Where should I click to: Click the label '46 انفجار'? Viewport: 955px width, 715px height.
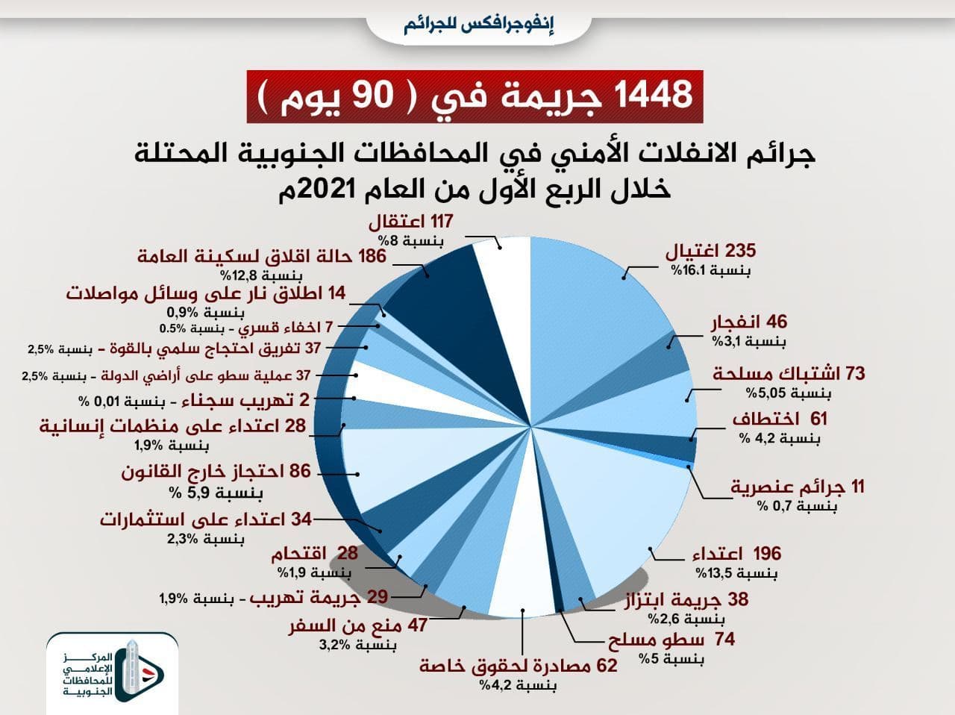pos(747,323)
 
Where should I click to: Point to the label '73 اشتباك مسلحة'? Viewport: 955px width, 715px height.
pos(789,373)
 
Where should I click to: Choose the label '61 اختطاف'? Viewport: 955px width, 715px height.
pos(780,419)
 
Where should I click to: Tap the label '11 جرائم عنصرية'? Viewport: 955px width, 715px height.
pos(797,487)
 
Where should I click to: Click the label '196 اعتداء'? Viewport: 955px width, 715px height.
pos(736,554)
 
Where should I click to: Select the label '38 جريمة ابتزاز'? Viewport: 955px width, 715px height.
pos(686,599)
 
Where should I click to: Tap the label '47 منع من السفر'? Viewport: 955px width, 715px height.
pos(358,625)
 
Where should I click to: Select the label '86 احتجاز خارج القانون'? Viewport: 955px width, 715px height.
pos(216,472)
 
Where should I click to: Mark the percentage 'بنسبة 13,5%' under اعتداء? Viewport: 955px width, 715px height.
pos(737,573)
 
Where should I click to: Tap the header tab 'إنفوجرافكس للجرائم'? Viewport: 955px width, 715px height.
pos(477,25)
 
